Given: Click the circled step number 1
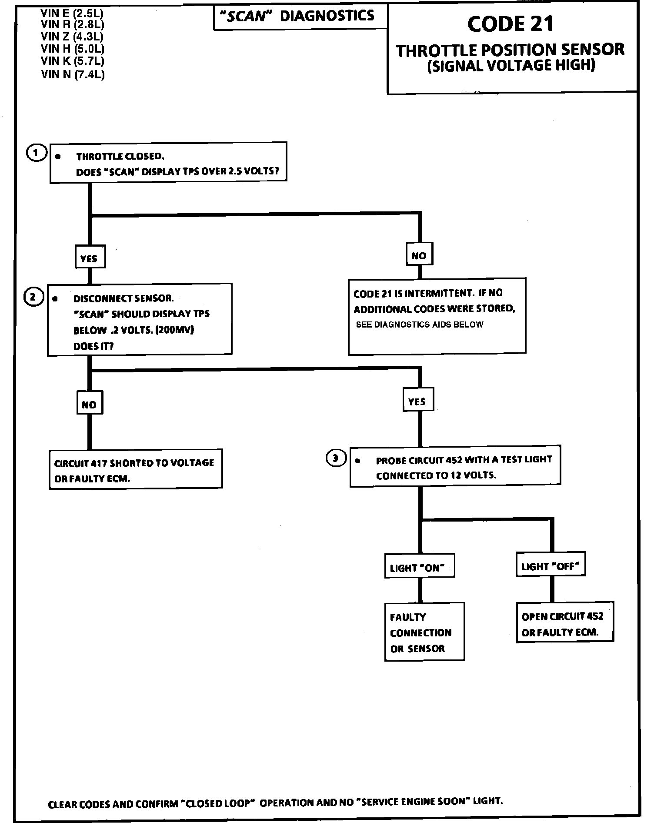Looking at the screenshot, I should (x=37, y=153).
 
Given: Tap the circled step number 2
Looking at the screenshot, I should (x=33, y=298).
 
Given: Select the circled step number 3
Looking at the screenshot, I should (x=336, y=458).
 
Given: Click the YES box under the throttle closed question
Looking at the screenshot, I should (x=90, y=258).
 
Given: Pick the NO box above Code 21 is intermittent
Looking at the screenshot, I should (x=419, y=255).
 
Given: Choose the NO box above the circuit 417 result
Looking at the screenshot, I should (x=90, y=404).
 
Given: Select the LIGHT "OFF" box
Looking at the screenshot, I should (x=551, y=565).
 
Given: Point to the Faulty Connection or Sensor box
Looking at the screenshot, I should (x=424, y=632).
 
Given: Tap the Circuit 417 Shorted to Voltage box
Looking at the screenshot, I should (x=135, y=470).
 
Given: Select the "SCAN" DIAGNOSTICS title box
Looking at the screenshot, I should (x=300, y=17).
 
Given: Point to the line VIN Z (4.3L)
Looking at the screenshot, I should (x=72, y=37).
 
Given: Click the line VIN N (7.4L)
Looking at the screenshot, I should (x=73, y=74).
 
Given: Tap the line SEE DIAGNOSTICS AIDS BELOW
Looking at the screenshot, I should (x=420, y=325).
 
